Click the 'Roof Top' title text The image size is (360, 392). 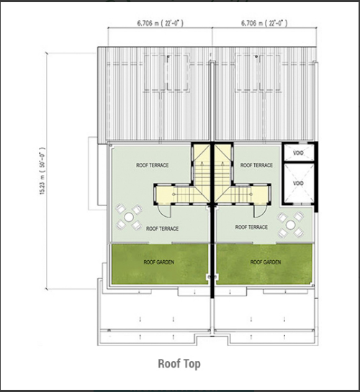179,364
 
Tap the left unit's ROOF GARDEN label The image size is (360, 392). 159,262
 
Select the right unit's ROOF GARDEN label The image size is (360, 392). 266,262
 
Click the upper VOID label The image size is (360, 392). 298,153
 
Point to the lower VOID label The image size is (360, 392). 298,183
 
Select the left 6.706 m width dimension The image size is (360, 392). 160,23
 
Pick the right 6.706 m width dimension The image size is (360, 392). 264,23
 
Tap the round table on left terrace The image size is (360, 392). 129,217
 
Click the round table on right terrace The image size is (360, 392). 290,225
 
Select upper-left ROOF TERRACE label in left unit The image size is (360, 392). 153,165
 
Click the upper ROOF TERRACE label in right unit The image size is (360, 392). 256,165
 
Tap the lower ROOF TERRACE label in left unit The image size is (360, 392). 163,228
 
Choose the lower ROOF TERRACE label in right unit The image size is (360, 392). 251,227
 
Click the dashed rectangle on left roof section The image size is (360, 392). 166,73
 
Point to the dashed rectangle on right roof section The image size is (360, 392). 258,73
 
